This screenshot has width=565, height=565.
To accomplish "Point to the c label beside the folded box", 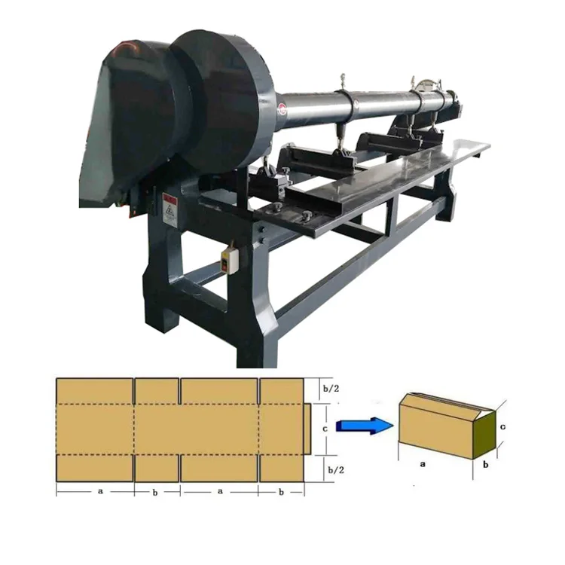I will pyautogui.click(x=502, y=427).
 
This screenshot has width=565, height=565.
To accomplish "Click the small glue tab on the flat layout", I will pyautogui.click(x=308, y=429).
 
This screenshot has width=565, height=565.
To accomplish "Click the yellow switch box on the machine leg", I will pyautogui.click(x=226, y=261).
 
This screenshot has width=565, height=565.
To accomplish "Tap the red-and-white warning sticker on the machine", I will pyautogui.click(x=169, y=210).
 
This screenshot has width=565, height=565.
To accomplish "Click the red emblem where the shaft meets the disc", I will pyautogui.click(x=281, y=111).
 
